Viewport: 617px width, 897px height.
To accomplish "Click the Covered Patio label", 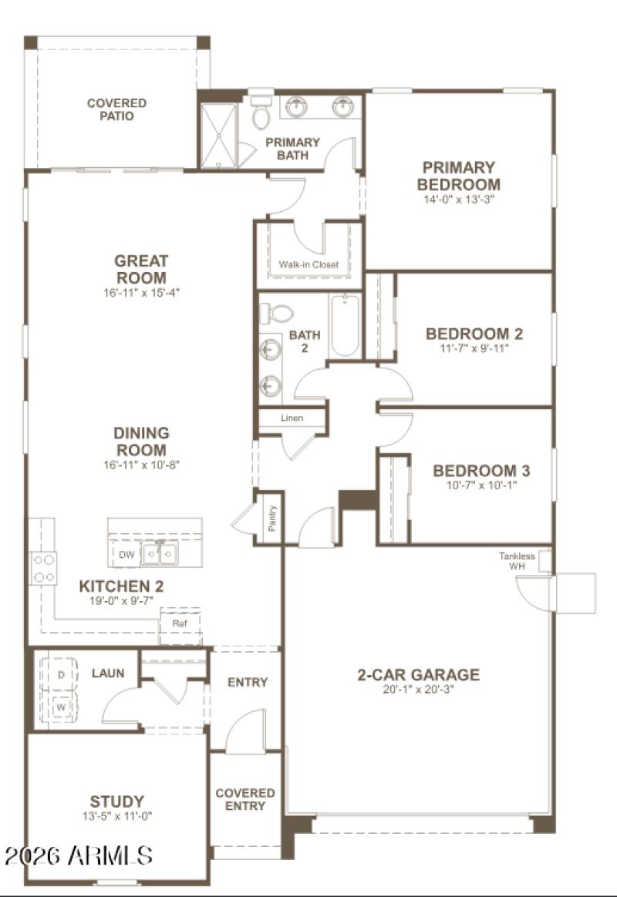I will pyautogui.click(x=116, y=109).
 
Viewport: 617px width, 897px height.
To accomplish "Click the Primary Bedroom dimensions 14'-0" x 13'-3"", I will pyautogui.click(x=458, y=200).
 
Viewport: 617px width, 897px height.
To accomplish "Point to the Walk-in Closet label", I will pyautogui.click(x=308, y=264).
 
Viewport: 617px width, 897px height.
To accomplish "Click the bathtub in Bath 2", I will pyautogui.click(x=345, y=327).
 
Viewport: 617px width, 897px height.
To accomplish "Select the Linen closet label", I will pyautogui.click(x=291, y=418).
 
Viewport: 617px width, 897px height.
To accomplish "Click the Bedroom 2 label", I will pyautogui.click(x=474, y=334).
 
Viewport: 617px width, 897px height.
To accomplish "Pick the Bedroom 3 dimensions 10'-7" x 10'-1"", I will pyautogui.click(x=480, y=485).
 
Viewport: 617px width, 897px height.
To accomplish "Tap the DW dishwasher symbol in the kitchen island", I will pyautogui.click(x=126, y=554).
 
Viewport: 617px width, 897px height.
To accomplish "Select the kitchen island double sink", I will pyautogui.click(x=160, y=553).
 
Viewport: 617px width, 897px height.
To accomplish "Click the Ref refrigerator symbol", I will pyautogui.click(x=180, y=622).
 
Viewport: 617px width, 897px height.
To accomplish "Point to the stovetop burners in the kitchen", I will pyautogui.click(x=43, y=568).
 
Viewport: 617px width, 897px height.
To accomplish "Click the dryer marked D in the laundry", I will pyautogui.click(x=59, y=674).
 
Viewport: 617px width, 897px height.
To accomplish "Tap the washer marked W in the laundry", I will pyautogui.click(x=59, y=704).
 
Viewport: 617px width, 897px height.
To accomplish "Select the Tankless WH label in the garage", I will pyautogui.click(x=517, y=561).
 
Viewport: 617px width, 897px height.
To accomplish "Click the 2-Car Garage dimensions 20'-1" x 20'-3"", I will pyautogui.click(x=417, y=689).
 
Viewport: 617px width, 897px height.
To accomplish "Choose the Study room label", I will pyautogui.click(x=116, y=801).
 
